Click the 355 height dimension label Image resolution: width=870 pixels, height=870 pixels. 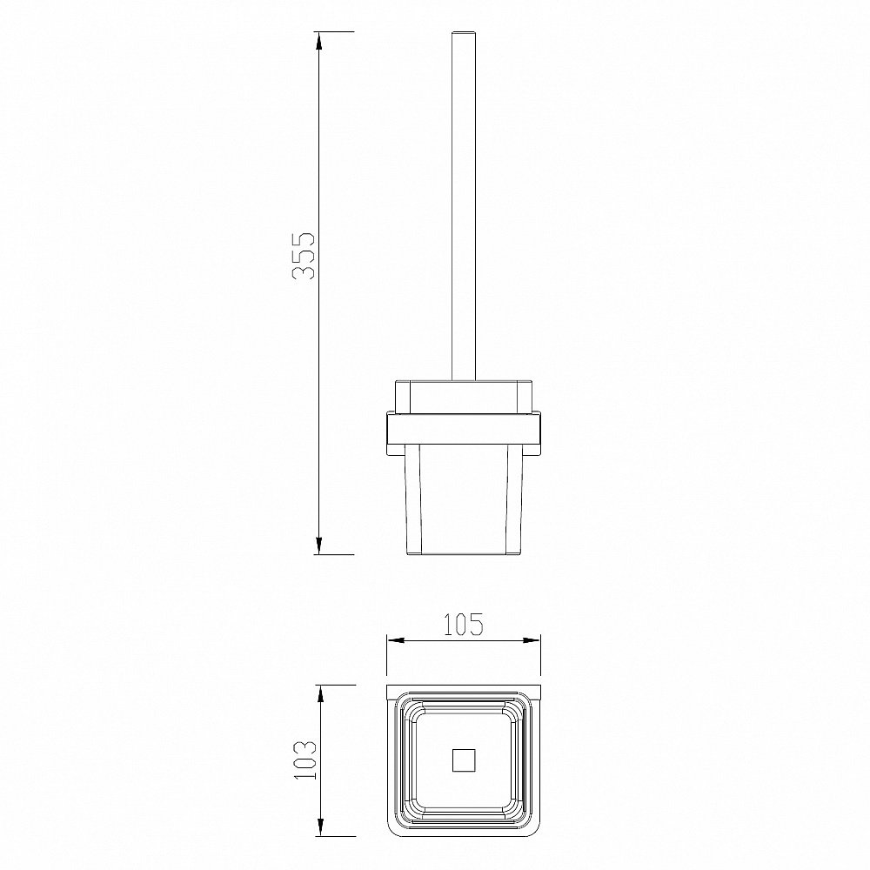click(x=304, y=255)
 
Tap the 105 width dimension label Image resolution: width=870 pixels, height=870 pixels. click(x=464, y=624)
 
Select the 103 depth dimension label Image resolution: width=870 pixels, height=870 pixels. click(x=304, y=760)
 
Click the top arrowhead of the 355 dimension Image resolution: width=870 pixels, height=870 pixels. click(x=318, y=42)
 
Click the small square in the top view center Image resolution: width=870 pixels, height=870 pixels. click(x=464, y=760)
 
